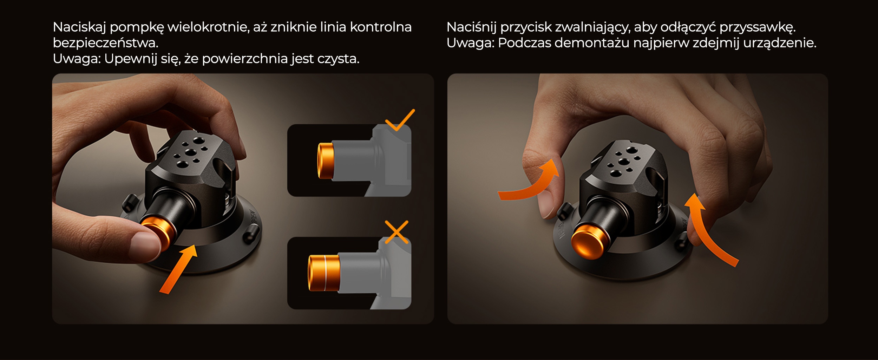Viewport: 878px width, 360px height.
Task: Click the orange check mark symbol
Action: tap(399, 120)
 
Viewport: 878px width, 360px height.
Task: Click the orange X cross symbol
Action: tap(397, 232)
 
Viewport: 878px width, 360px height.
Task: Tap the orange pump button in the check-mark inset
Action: tap(325, 161)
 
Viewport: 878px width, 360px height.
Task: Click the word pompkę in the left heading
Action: tap(137, 27)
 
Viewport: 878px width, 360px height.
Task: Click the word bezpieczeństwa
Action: tap(105, 43)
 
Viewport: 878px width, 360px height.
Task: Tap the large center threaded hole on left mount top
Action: tap(191, 152)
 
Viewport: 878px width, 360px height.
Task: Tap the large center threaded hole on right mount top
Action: tap(624, 162)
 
